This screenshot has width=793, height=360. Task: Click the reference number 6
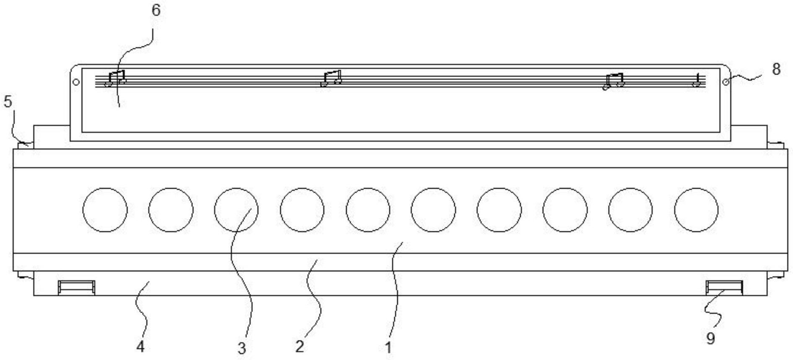coord(155,10)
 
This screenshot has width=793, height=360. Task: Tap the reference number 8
coord(776,69)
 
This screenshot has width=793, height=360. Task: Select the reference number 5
coord(8,101)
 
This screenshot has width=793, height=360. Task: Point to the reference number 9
coord(710,338)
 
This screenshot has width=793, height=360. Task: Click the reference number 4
coord(140,347)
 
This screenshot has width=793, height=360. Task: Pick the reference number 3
coord(241,348)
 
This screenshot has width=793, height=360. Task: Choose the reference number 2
coord(299,347)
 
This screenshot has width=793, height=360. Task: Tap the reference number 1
coord(388,347)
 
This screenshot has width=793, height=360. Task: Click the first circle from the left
coord(105,210)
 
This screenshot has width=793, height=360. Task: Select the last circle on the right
coord(696,210)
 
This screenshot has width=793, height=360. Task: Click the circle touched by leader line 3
coord(236,210)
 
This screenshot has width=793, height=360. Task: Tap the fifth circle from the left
coord(368,210)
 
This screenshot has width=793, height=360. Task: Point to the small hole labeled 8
coord(726,82)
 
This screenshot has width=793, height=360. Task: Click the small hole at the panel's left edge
coord(76,82)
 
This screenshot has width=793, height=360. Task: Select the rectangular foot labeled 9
coord(724,287)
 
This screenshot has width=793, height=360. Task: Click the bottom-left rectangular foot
coord(76,287)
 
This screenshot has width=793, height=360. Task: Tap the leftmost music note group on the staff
coord(115,79)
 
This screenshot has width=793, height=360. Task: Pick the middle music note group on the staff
coord(331,78)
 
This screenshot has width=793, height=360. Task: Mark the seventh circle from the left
coord(499,210)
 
